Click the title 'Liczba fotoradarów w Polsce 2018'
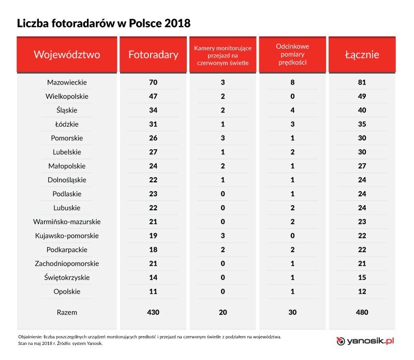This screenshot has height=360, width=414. pyautogui.click(x=103, y=23)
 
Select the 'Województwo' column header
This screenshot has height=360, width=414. pyautogui.click(x=67, y=54)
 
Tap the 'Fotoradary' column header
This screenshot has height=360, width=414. pyautogui.click(x=153, y=54)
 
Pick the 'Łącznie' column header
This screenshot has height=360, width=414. pyautogui.click(x=362, y=54)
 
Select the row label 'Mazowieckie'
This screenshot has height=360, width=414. pyautogui.click(x=67, y=82)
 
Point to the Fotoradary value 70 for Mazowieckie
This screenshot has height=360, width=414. pyautogui.click(x=153, y=82)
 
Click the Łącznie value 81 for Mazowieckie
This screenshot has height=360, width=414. pyautogui.click(x=362, y=82)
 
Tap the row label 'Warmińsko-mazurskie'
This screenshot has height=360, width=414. pyautogui.click(x=67, y=222)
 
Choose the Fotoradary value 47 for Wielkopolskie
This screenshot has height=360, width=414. pyautogui.click(x=153, y=96)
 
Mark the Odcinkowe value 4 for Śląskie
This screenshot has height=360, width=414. pyautogui.click(x=292, y=110)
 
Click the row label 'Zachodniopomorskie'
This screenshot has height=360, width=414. pyautogui.click(x=67, y=264)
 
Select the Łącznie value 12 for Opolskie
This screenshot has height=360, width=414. pyautogui.click(x=362, y=292)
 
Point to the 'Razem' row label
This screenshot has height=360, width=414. pyautogui.click(x=67, y=312)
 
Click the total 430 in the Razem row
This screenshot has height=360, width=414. pyautogui.click(x=153, y=312)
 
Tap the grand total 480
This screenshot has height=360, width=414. pyautogui.click(x=362, y=312)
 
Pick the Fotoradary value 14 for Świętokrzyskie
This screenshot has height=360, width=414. pyautogui.click(x=153, y=278)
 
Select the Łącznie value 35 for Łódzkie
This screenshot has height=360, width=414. pyautogui.click(x=362, y=124)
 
